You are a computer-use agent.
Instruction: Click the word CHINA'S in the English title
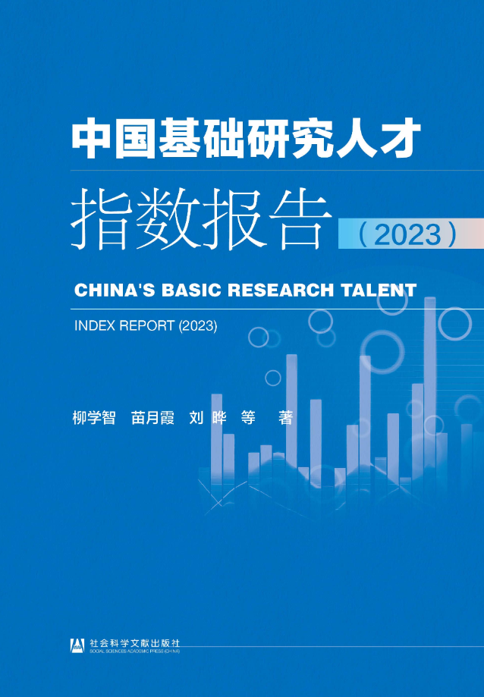[114, 290]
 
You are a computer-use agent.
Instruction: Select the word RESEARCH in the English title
[281, 290]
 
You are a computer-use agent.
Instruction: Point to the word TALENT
[379, 290]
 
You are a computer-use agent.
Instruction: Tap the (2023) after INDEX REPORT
[198, 326]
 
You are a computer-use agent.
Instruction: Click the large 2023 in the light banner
[407, 234]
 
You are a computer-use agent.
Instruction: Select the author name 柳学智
[94, 418]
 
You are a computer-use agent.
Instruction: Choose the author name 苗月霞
[153, 418]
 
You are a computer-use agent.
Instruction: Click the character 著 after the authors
[285, 418]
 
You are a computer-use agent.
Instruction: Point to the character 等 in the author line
[248, 418]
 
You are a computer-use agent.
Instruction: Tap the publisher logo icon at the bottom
[78, 645]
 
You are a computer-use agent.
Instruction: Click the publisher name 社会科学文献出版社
[135, 642]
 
